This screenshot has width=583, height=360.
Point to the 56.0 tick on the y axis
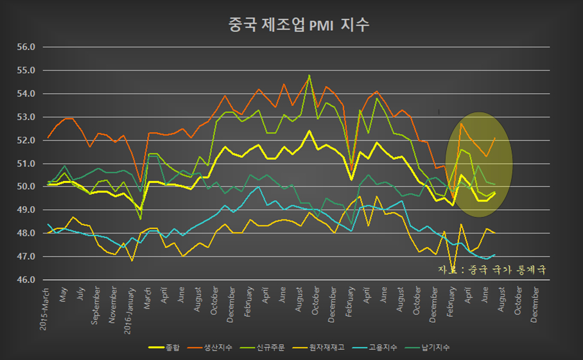tap(26, 47)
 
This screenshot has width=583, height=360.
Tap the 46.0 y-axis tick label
tap(26, 280)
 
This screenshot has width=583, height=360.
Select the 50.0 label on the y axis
tap(26, 187)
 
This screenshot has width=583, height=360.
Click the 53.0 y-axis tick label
tap(26, 117)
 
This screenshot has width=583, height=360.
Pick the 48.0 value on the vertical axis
tap(26, 234)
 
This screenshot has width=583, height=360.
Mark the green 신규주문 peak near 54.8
tap(309, 75)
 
